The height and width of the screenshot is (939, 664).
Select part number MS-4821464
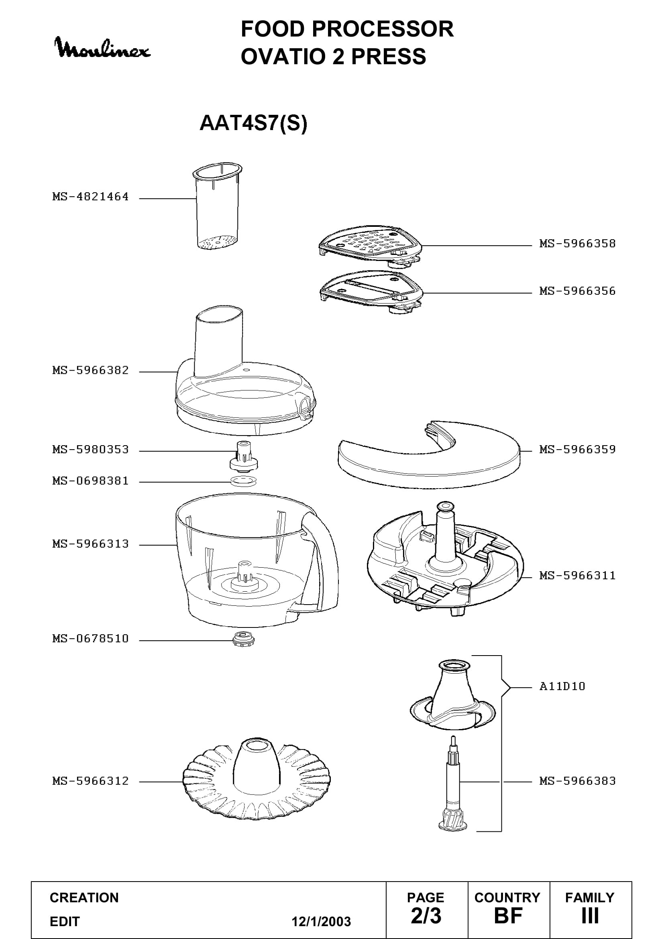coord(90,197)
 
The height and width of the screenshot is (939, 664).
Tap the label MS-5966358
coord(577,244)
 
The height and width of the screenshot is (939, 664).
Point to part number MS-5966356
coord(577,291)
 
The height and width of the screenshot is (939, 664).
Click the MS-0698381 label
coord(90,481)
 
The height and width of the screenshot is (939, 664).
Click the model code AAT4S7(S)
coord(253,123)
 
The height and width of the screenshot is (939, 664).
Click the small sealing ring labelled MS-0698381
coord(243,481)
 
